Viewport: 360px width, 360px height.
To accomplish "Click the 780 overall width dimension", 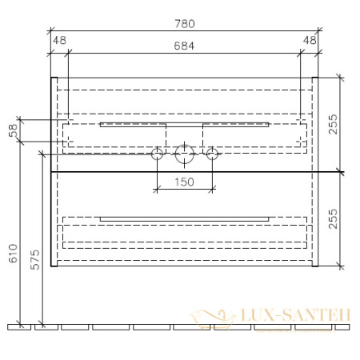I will pos(185,24).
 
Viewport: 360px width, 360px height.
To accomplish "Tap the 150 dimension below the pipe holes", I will pos(185,182).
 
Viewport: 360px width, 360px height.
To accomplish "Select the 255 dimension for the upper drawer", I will pos(346,123).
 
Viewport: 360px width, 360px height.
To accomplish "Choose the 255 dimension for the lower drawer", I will pos(346,220).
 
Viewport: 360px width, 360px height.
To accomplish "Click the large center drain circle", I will pos(185,153).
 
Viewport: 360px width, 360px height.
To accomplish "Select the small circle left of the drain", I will pos(158,153).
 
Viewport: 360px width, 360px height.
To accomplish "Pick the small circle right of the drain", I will pos(212,153).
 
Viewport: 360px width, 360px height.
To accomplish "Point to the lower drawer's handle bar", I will pos(184,217).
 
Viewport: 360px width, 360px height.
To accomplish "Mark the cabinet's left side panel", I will pos(54,172).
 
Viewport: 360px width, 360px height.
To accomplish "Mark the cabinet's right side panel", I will pos(316,172).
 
